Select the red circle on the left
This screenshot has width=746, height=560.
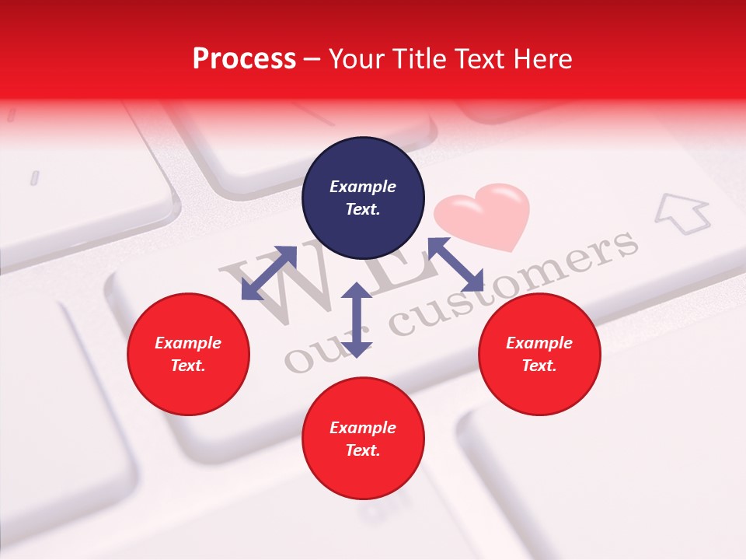pyautogui.click(x=188, y=354)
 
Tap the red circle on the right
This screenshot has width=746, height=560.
pyautogui.click(x=539, y=354)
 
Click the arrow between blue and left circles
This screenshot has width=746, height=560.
pyautogui.click(x=269, y=273)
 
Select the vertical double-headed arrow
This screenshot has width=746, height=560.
pyautogui.click(x=357, y=320)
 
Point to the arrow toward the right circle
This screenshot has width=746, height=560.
pyautogui.click(x=455, y=265)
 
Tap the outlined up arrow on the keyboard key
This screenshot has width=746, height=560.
pyautogui.click(x=682, y=213)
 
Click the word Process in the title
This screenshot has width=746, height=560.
pyautogui.click(x=244, y=58)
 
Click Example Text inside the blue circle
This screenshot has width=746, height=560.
pyautogui.click(x=363, y=198)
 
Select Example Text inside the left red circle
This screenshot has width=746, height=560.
pyautogui.click(x=188, y=354)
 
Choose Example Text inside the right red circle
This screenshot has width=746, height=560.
pyautogui.click(x=539, y=354)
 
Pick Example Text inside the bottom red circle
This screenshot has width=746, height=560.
pyautogui.click(x=363, y=439)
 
